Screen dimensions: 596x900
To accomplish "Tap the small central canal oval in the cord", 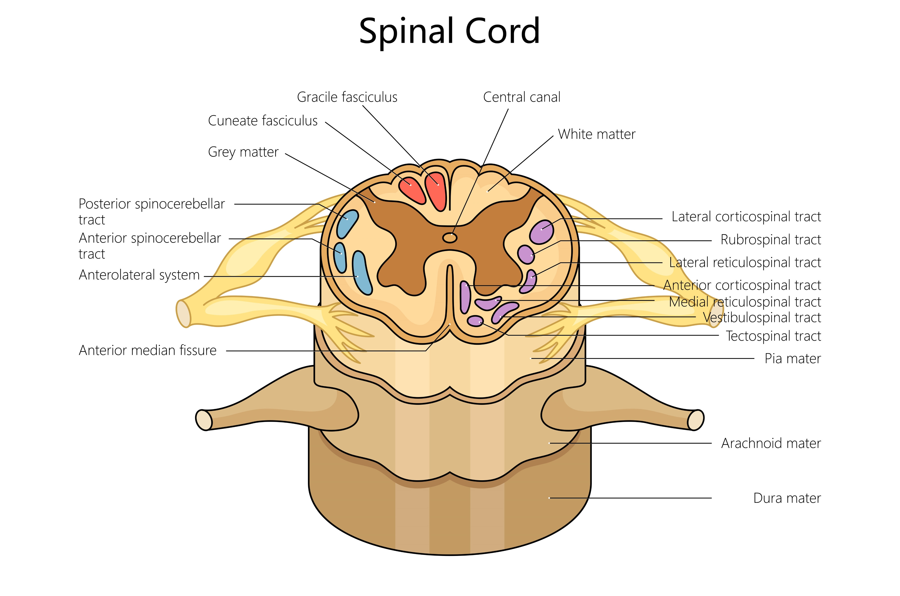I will click(450, 238).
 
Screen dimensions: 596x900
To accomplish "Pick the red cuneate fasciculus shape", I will click(411, 189).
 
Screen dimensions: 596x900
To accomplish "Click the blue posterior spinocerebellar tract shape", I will click(347, 224).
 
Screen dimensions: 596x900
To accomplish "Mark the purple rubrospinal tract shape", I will click(526, 254).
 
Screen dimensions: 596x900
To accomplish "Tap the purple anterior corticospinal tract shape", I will click(465, 297).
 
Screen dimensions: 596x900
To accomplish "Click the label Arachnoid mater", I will click(771, 443).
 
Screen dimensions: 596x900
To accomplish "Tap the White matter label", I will click(596, 134).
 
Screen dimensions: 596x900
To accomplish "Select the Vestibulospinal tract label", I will click(762, 317).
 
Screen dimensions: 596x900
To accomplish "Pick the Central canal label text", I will click(522, 97).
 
